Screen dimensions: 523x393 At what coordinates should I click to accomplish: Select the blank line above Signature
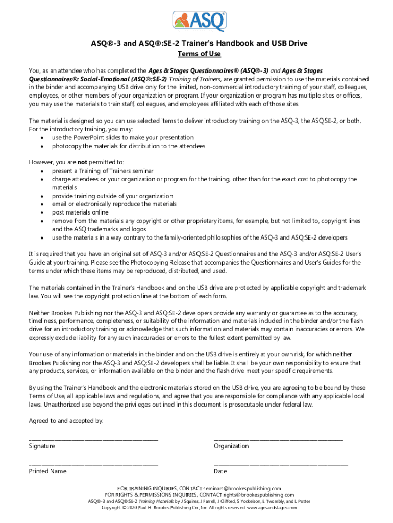[x=93, y=439]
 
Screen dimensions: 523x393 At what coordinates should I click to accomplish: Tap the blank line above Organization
[x=278, y=439]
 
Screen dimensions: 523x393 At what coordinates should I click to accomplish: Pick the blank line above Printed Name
[x=93, y=464]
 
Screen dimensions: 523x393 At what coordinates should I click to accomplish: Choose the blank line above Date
[x=281, y=464]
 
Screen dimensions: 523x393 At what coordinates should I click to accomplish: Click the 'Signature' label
[x=42, y=446]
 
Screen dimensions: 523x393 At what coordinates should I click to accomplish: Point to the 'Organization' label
[x=231, y=446]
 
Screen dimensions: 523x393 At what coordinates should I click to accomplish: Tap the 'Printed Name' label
[x=47, y=471]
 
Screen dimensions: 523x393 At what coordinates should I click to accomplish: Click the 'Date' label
[x=220, y=471]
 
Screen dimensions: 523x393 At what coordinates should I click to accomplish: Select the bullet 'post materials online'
[x=80, y=212]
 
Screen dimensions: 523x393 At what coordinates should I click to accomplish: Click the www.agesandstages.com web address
[x=272, y=508]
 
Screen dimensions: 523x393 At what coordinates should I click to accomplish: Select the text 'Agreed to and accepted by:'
[x=66, y=421]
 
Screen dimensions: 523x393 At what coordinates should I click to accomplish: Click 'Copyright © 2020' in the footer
[x=119, y=508]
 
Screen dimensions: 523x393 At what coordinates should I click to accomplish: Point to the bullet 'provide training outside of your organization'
[x=112, y=196]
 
